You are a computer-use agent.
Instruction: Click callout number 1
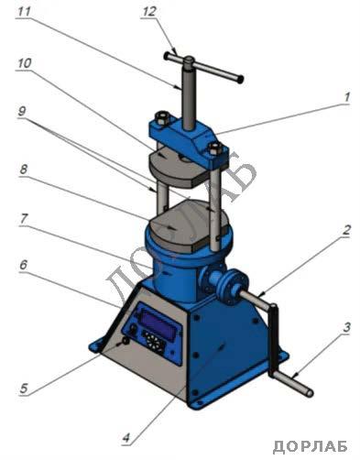346,98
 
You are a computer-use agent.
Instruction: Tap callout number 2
345,231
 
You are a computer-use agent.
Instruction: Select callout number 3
346,328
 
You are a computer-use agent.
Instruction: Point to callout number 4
126,438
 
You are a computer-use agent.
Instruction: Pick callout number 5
24,389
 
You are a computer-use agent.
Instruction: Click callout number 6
24,265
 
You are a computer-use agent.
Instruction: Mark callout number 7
24,219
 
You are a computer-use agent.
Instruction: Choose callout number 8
24,170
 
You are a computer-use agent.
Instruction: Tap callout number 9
22,111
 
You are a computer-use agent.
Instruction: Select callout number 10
25,63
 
